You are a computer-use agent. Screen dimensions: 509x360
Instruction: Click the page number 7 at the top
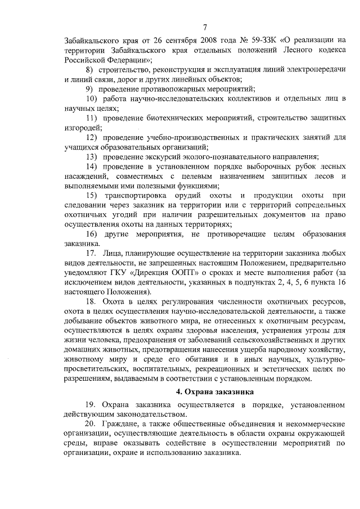click(x=205, y=27)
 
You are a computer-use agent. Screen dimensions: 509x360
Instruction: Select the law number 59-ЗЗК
click(x=228, y=39)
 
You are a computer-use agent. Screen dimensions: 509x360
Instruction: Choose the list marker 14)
click(x=92, y=167)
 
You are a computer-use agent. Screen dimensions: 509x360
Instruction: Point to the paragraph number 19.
click(x=92, y=405)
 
